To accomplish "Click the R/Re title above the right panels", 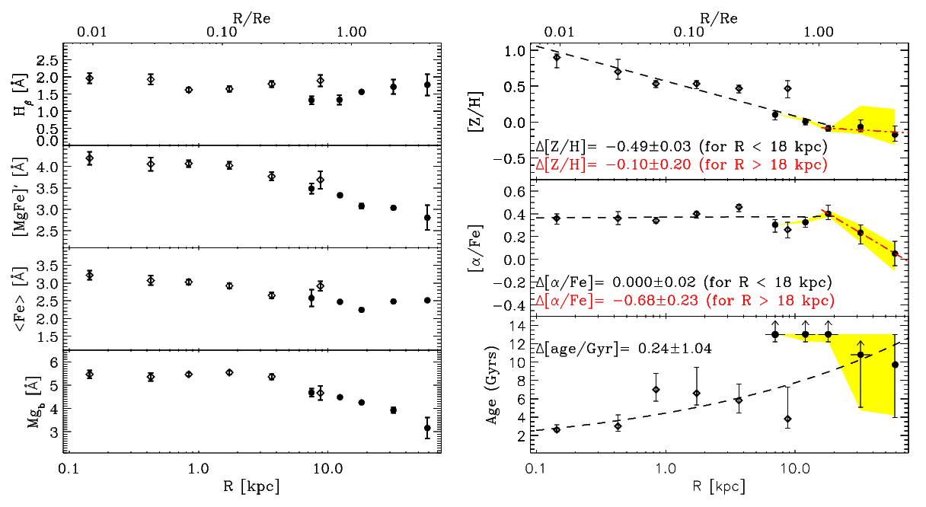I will [716, 12].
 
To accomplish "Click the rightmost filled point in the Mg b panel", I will [427, 428].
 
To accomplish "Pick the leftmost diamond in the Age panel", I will [557, 429].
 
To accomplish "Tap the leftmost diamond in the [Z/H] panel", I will [557, 57].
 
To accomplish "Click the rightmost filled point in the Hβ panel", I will [427, 84].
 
